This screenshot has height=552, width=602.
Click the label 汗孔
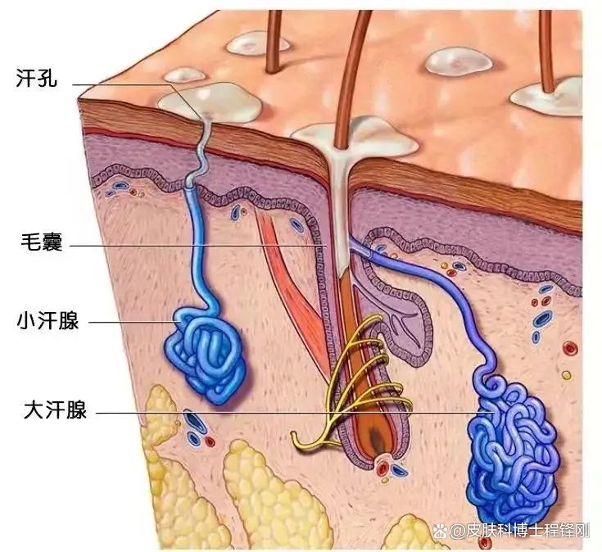(37, 78)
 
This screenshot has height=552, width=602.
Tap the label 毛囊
(42, 242)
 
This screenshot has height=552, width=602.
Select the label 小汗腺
(48, 320)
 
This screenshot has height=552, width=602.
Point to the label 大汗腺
(55, 409)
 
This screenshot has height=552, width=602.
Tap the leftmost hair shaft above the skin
(274, 42)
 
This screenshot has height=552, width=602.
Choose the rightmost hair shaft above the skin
(546, 51)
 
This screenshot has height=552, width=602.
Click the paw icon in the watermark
(441, 532)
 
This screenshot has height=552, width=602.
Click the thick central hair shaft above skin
(351, 77)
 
